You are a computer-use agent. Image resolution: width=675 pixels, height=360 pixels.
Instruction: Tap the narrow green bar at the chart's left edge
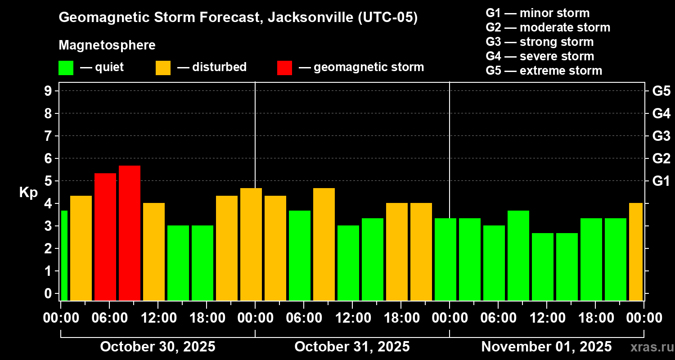64,255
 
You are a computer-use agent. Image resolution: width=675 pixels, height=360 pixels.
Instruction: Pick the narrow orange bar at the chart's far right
636,252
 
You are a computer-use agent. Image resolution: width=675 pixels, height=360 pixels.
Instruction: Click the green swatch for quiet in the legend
66,67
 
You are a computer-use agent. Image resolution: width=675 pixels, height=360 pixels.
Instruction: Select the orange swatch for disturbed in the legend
163,67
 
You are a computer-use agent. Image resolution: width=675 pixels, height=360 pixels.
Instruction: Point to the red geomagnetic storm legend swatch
284,67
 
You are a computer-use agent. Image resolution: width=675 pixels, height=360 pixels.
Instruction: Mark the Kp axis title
28,192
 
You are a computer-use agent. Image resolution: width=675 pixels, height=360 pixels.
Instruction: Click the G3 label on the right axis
661,136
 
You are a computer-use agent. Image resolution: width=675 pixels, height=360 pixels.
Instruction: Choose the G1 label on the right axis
661,181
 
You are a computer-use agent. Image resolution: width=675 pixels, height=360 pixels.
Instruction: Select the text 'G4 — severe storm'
540,56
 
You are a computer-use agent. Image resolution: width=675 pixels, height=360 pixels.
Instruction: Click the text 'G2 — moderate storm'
548,27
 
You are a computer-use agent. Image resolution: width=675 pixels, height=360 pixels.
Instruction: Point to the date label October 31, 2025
352,346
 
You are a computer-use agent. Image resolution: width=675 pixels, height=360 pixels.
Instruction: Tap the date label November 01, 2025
546,346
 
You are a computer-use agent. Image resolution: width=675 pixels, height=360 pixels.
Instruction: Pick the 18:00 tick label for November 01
595,318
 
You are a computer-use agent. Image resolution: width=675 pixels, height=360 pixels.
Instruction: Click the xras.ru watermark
650,347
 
